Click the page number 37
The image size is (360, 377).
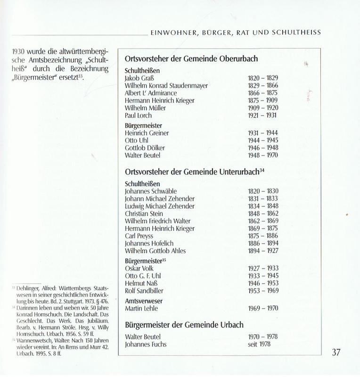click(335, 352)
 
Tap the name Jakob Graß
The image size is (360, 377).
click(139, 78)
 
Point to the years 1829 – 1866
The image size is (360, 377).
click(263, 86)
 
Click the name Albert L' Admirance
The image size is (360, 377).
click(151, 93)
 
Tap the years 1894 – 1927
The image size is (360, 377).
click(263, 251)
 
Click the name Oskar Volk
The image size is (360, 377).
click(139, 269)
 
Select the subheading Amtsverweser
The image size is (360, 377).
click(144, 300)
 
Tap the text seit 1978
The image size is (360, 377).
click(260, 344)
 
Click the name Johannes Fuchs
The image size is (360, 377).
click(146, 344)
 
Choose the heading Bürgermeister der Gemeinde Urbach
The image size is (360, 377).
click(184, 325)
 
